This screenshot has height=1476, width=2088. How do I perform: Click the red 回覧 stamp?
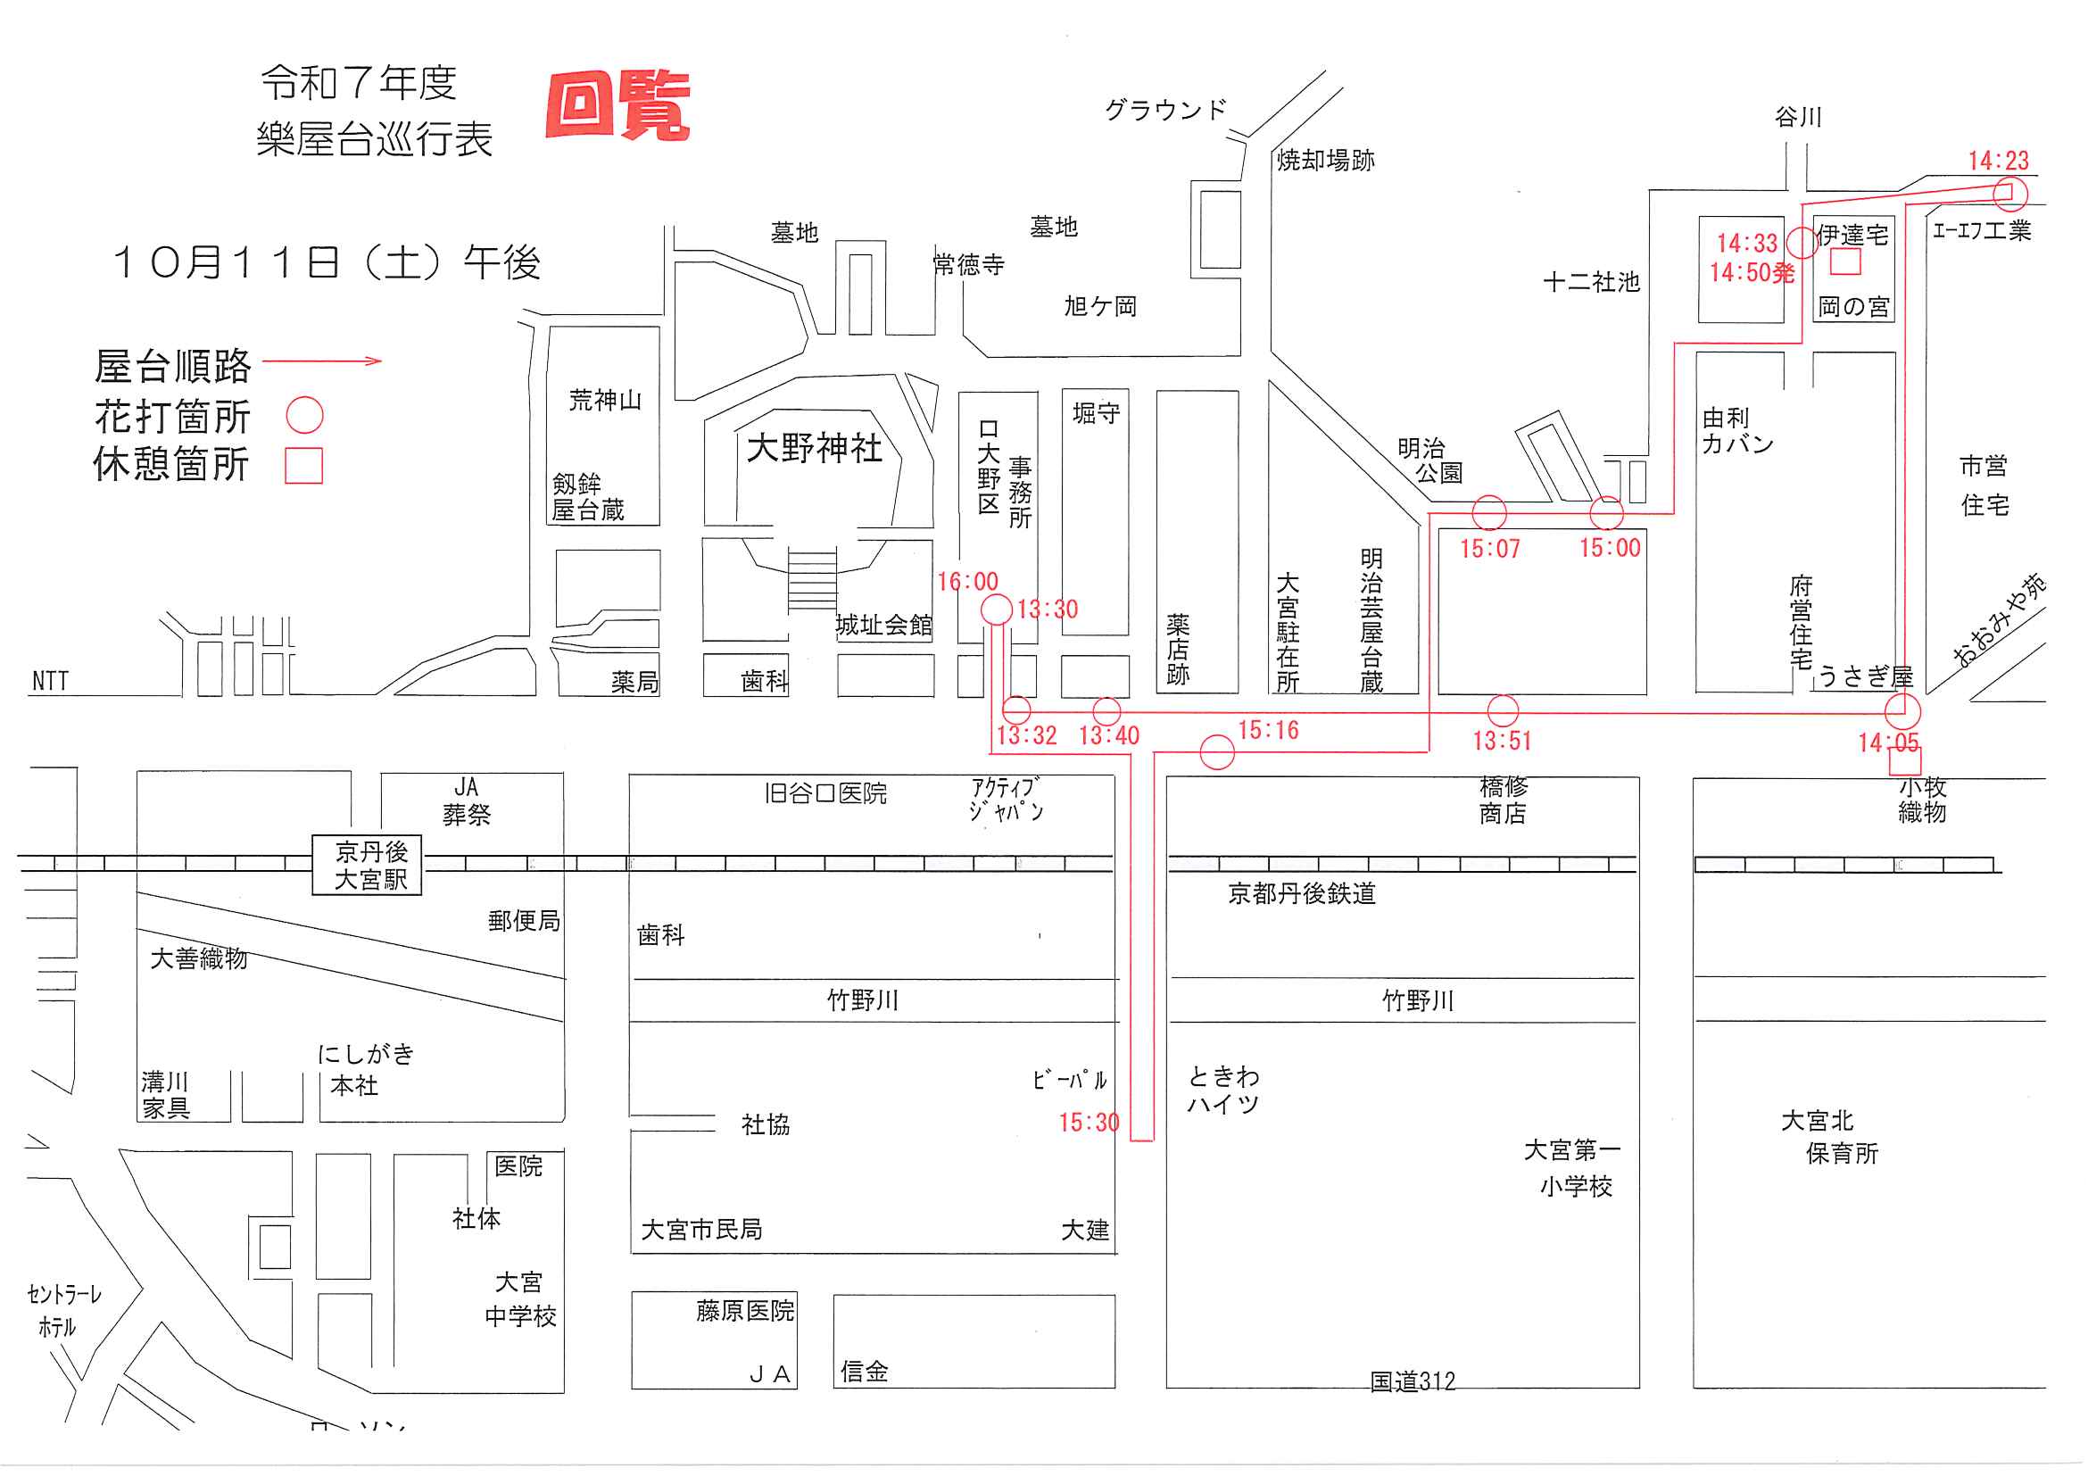(x=618, y=105)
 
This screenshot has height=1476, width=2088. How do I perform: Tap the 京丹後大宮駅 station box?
(x=368, y=866)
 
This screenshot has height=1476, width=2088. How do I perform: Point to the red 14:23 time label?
(x=1998, y=161)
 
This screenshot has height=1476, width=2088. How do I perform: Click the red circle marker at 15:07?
(x=1488, y=513)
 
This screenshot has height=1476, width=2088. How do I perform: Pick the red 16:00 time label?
(x=967, y=582)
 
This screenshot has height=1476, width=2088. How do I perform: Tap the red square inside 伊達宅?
(x=1845, y=262)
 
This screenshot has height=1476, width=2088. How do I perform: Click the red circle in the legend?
(x=304, y=415)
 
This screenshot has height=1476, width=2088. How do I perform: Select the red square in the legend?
(x=303, y=466)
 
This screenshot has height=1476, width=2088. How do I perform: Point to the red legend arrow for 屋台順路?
(x=323, y=362)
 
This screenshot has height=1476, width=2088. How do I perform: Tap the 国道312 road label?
(x=1413, y=1382)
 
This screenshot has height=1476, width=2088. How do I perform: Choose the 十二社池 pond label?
(x=1592, y=283)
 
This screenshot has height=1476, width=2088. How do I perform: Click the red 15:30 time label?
(x=1089, y=1124)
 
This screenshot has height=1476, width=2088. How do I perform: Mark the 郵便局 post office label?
(x=524, y=922)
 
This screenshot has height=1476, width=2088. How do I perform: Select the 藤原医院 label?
(x=745, y=1312)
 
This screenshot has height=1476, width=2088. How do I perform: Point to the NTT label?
(x=50, y=681)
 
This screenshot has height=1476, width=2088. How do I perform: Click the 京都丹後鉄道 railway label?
(x=1301, y=895)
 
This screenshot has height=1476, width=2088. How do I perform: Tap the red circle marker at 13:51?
(x=1503, y=711)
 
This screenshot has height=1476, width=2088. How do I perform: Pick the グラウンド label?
(x=1165, y=111)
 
